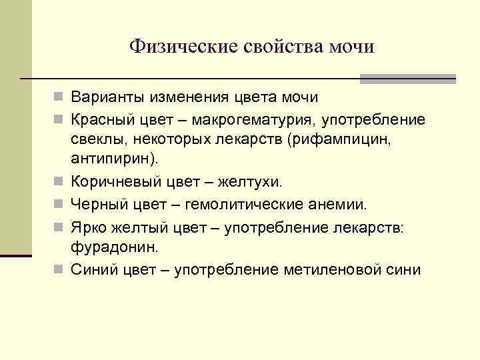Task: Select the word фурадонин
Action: (x=113, y=247)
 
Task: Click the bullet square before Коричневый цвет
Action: (x=61, y=181)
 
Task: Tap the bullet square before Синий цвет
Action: (x=61, y=269)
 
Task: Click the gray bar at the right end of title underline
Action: (x=407, y=79)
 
